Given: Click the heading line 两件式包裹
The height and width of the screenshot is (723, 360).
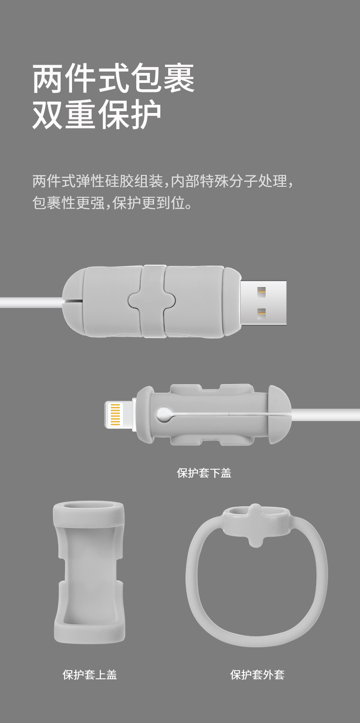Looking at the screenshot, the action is point(113,78).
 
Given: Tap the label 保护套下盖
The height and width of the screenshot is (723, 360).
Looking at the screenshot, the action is point(204,473).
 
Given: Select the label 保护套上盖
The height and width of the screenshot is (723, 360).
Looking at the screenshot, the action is point(90,674).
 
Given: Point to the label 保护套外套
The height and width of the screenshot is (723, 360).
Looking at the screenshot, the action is point(257,674).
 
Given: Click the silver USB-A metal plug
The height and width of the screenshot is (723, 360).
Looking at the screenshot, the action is point(263,303).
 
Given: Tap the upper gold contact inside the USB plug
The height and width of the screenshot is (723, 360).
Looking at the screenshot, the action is point(261,292).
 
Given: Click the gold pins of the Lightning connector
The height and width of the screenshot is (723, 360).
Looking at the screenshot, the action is point(115,414).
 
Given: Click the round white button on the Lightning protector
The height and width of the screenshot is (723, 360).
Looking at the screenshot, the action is point(164,414).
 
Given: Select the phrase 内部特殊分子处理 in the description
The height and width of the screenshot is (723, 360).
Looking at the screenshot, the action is point(229,181).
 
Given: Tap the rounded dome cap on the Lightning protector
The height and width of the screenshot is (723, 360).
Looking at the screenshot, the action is point(279,414).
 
